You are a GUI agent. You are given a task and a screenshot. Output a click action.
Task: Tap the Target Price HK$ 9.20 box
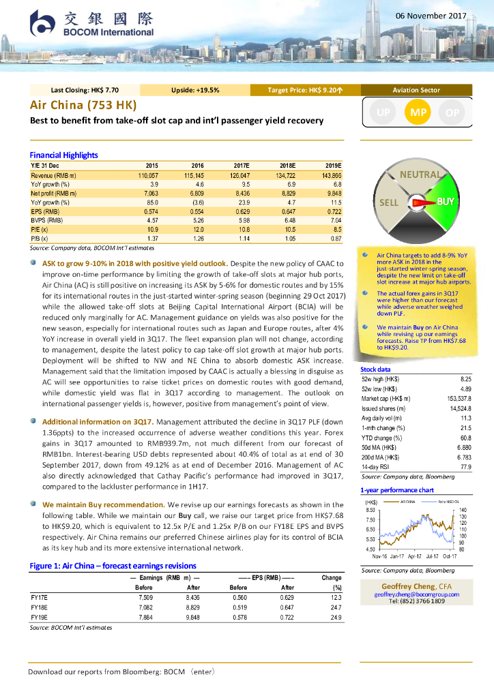(x=305, y=90)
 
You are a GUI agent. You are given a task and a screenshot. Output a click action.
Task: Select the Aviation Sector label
(x=416, y=90)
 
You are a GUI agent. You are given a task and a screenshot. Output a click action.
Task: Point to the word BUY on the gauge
(x=445, y=202)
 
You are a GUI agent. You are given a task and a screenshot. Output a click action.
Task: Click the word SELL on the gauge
(x=389, y=203)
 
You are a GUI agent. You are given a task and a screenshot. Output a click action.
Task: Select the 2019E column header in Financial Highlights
(x=332, y=166)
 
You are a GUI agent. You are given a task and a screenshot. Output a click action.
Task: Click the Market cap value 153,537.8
(x=458, y=398)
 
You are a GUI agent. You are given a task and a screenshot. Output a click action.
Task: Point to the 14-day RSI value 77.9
(x=466, y=468)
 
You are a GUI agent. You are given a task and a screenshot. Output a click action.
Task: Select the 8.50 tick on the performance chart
(x=370, y=510)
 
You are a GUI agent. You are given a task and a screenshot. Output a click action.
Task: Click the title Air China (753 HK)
(x=83, y=105)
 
